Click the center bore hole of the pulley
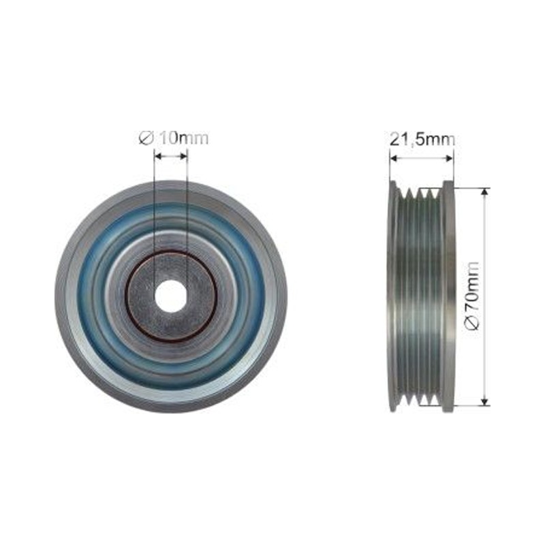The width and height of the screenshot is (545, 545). coord(170,296)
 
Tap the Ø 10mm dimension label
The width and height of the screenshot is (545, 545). coord(174,138)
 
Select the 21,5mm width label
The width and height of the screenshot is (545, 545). coord(422,140)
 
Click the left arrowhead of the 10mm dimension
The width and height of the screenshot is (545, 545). coord(158,157)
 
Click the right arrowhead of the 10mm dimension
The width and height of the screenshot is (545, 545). coord(183,157)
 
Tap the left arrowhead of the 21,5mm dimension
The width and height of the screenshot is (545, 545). coord(394,158)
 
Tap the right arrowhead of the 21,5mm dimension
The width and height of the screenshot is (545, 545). coord(450,158)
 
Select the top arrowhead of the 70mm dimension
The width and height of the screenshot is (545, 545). coord(484,192)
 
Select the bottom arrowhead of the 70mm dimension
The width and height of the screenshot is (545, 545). coord(484,401)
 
